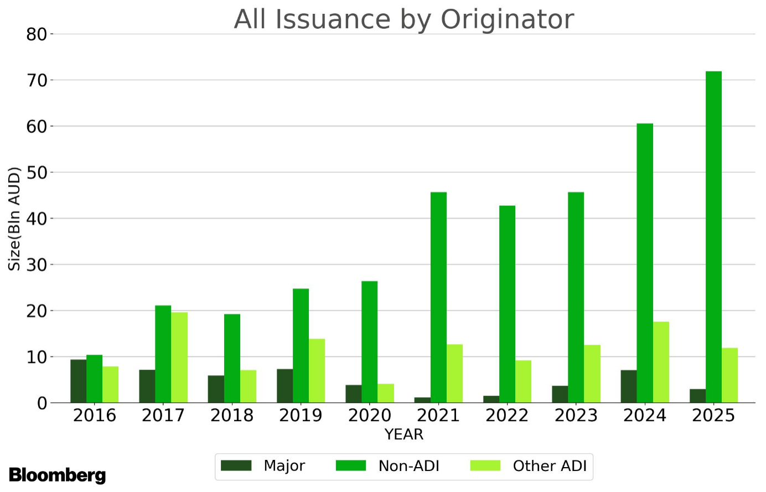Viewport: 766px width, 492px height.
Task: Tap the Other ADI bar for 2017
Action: (x=179, y=358)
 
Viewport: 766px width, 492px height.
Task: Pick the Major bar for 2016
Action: (x=78, y=381)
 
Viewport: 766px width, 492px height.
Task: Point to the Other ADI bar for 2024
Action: (x=661, y=362)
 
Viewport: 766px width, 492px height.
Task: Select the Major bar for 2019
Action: (x=284, y=386)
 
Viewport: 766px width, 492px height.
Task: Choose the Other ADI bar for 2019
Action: (x=317, y=371)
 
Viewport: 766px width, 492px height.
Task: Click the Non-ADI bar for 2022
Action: (x=507, y=304)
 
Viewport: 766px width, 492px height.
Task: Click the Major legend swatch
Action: (x=236, y=466)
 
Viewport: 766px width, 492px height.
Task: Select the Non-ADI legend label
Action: (x=408, y=466)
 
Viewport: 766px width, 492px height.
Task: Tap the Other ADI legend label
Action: (x=549, y=466)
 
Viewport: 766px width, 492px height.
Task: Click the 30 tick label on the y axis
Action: (x=37, y=265)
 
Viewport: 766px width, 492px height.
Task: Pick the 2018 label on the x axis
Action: (x=232, y=416)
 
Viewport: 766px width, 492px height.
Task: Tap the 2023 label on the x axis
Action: (x=576, y=416)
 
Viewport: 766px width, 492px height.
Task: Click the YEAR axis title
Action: (x=404, y=434)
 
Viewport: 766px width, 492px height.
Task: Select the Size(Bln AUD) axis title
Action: (x=14, y=219)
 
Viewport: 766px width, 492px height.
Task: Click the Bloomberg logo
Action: (x=57, y=475)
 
